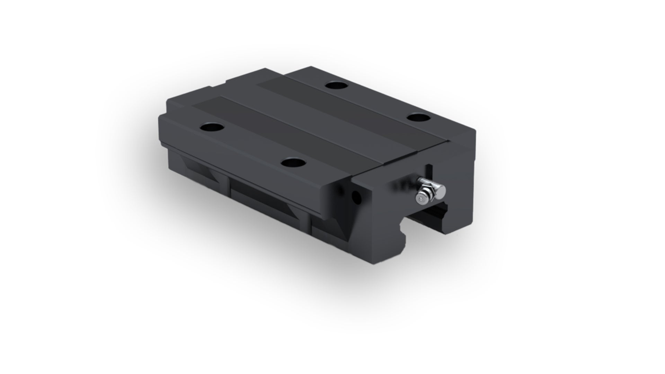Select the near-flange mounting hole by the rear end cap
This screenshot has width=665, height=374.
211,127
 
